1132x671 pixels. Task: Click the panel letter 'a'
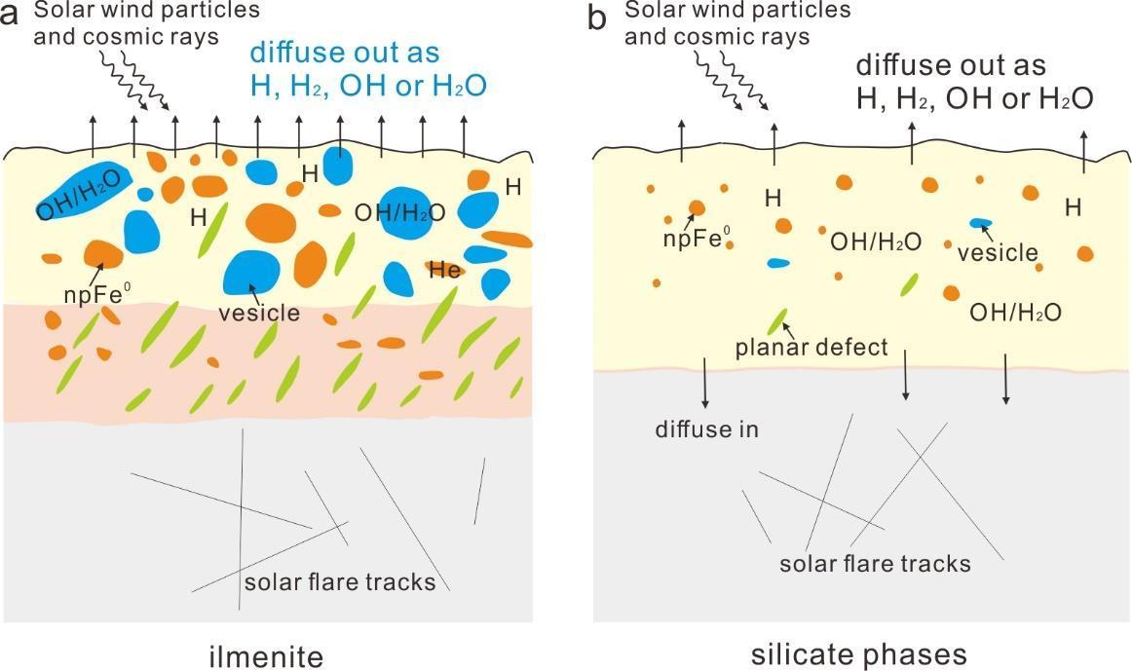[10, 15]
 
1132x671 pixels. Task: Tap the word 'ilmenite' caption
[266, 657]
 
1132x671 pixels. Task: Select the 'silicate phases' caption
[858, 654]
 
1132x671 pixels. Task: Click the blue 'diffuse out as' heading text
[344, 53]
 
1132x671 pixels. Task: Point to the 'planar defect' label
[811, 348]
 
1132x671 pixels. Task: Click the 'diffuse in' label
[707, 429]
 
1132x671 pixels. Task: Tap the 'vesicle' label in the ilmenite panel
[259, 313]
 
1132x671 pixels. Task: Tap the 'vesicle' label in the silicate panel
[998, 252]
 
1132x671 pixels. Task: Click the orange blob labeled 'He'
[444, 270]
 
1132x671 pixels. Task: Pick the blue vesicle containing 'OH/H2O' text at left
[85, 190]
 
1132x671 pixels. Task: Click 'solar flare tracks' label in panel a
[340, 581]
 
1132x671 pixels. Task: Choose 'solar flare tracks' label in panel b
[875, 563]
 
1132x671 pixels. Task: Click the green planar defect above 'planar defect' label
[776, 320]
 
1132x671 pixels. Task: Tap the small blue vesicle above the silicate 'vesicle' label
[981, 223]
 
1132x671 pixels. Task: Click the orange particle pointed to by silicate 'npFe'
[697, 207]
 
